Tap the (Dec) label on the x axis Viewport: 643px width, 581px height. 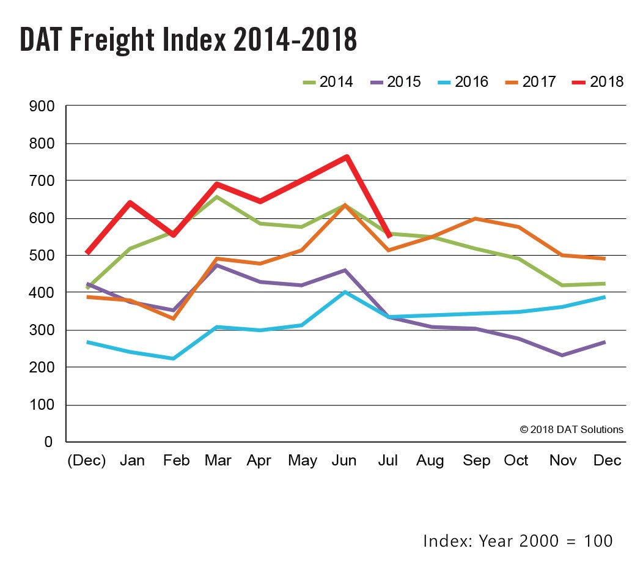(x=86, y=461)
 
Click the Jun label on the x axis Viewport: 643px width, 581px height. (x=344, y=461)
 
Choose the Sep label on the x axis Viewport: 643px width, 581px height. (x=476, y=461)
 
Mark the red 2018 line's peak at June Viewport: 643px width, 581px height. (x=347, y=157)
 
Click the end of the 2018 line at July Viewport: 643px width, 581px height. (x=389, y=236)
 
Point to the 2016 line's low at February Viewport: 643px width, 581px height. (x=174, y=358)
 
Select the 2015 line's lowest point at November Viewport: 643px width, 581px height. (x=561, y=355)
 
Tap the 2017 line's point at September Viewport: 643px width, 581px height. (x=475, y=219)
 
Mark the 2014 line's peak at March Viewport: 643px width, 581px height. (x=216, y=197)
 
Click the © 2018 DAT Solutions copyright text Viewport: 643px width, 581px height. (x=571, y=429)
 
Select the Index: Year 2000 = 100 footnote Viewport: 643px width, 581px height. (x=517, y=541)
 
